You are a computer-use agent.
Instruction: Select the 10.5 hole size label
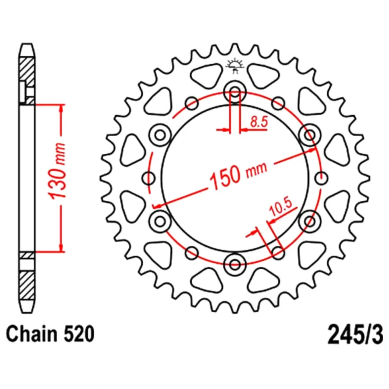tap(281, 207)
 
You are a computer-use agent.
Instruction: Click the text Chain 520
tap(50, 334)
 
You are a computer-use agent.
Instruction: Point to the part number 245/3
tap(355, 335)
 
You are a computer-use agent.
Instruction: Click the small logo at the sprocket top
tap(235, 66)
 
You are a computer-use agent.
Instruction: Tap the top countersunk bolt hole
tap(235, 92)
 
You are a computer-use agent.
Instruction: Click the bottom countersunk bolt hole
tap(235, 265)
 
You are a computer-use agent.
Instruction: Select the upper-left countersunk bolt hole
tap(160, 135)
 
